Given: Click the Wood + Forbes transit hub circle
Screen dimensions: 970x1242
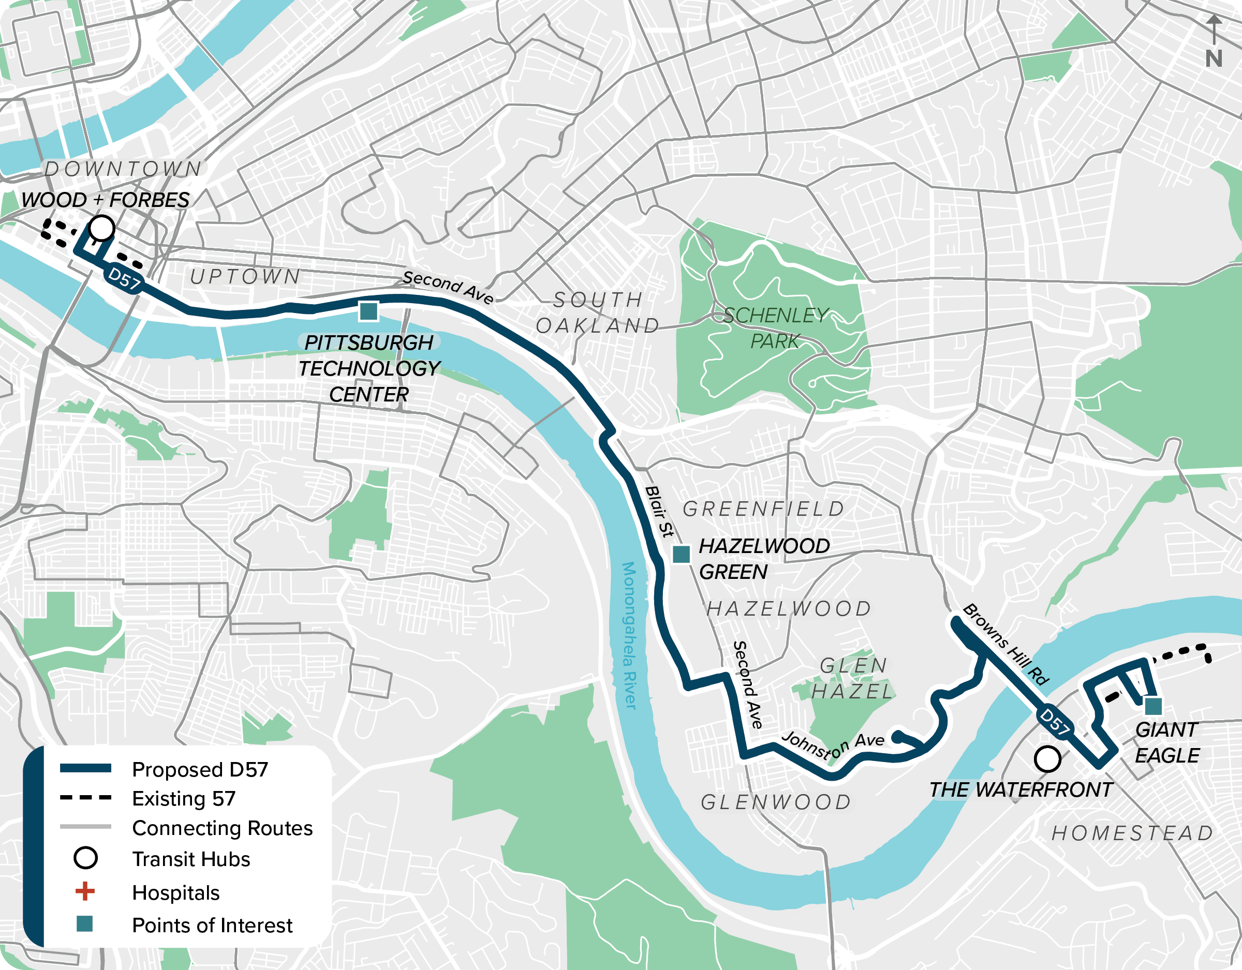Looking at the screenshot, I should pyautogui.click(x=102, y=228).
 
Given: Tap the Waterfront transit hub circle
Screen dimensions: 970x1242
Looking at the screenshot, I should pyautogui.click(x=1047, y=758).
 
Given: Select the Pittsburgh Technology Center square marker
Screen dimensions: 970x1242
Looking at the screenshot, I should pyautogui.click(x=368, y=311).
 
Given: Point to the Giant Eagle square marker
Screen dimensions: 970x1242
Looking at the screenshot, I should pyautogui.click(x=1152, y=706).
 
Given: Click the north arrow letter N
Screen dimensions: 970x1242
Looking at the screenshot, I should pyautogui.click(x=1214, y=58).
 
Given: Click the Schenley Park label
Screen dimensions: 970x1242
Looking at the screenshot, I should pyautogui.click(x=776, y=328).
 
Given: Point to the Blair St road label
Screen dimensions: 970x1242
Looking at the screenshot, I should pyautogui.click(x=660, y=511).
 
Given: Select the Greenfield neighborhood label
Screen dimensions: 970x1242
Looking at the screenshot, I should pyautogui.click(x=764, y=509).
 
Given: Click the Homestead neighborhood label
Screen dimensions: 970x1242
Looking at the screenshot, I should pyautogui.click(x=1132, y=833).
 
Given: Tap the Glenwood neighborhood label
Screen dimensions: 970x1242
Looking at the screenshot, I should pyautogui.click(x=776, y=802).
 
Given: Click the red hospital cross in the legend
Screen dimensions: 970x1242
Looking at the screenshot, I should pyautogui.click(x=85, y=891).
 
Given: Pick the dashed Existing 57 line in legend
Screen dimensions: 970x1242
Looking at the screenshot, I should pyautogui.click(x=85, y=798).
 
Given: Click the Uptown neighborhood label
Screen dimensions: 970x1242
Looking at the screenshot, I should pyautogui.click(x=245, y=276).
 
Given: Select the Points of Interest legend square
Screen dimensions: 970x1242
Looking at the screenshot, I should pyautogui.click(x=85, y=924).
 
